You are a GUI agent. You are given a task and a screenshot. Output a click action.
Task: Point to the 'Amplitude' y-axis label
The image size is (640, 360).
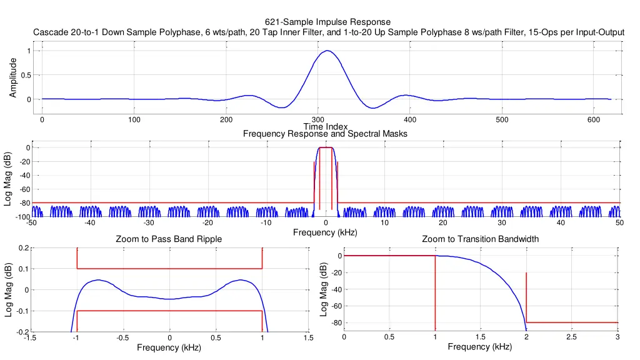click(13, 77)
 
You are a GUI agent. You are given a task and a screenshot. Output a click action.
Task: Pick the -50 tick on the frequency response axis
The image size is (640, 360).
click(32, 223)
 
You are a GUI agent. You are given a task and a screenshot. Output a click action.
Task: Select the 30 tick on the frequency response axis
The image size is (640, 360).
click(502, 223)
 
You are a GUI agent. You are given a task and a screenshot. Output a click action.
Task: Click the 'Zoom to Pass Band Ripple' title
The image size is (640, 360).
click(169, 239)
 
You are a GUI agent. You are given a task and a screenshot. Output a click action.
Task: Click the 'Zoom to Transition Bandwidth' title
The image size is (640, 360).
click(480, 239)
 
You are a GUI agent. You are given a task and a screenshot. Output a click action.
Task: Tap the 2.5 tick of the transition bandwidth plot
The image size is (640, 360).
click(572, 337)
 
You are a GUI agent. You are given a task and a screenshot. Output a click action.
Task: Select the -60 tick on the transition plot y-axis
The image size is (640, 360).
click(334, 306)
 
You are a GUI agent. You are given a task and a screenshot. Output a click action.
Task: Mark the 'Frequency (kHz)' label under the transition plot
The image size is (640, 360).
click(480, 347)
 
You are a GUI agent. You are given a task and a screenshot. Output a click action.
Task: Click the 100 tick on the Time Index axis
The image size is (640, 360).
click(134, 121)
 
